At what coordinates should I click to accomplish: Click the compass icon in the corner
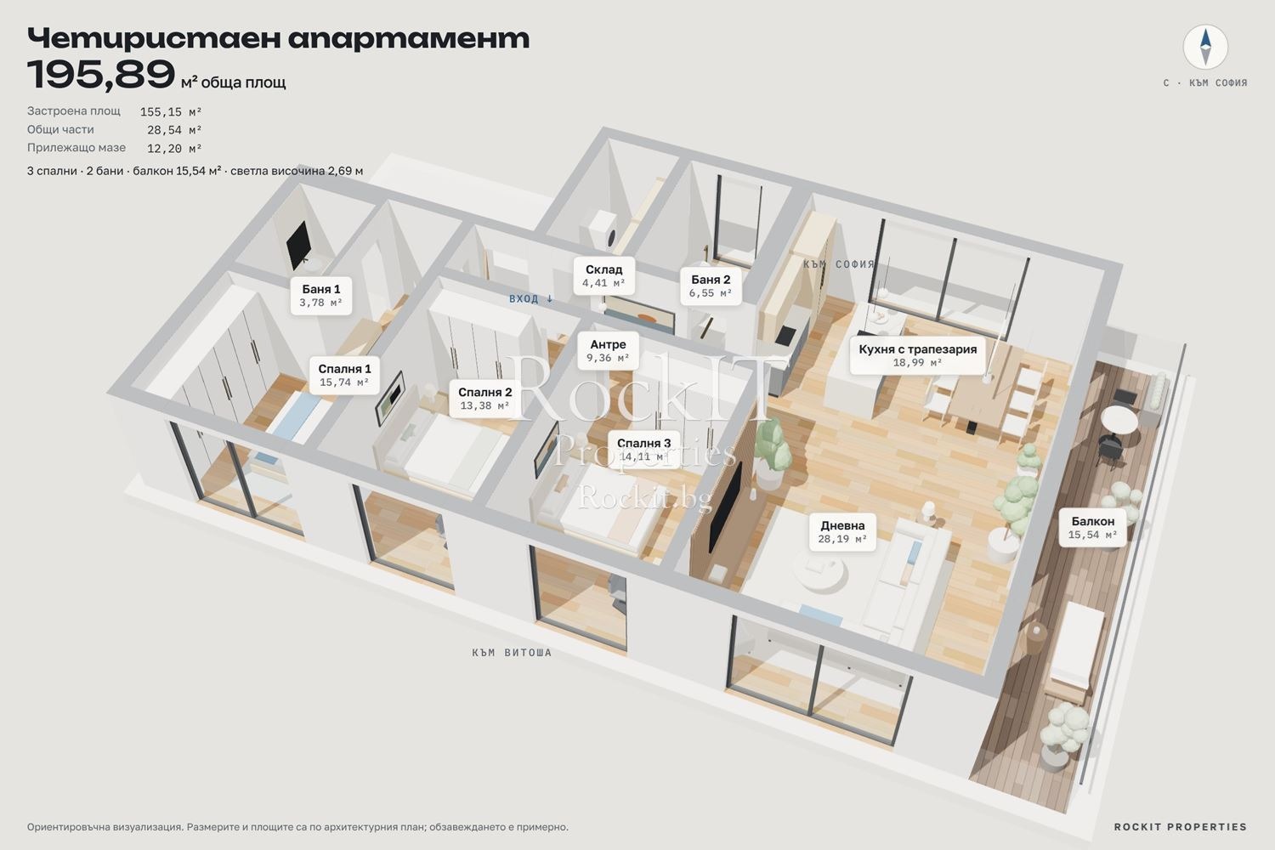pos(1205,47)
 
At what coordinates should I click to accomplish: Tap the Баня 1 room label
pos(321,296)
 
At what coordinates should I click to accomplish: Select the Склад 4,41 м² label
pos(603,275)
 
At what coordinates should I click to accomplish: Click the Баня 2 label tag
pos(711,286)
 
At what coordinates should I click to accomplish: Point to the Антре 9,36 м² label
pos(608,351)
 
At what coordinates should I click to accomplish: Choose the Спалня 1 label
pos(344,375)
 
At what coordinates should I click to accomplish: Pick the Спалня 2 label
pos(485,399)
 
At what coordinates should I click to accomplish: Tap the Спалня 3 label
pos(643,449)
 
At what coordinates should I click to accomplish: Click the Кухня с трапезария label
pos(917,355)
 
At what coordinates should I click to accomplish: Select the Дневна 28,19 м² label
pos(842,532)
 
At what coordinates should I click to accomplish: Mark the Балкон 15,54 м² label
pos(1093,527)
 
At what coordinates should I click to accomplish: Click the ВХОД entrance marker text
pos(531,299)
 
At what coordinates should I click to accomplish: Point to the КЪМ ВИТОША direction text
pos(512,653)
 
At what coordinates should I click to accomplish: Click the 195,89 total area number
pos(101,74)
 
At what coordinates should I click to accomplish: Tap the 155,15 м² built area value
pos(171,111)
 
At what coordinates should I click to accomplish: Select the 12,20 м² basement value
pos(174,148)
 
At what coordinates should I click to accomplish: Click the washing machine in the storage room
pos(603,230)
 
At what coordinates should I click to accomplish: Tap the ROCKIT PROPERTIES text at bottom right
pos(1181,827)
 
